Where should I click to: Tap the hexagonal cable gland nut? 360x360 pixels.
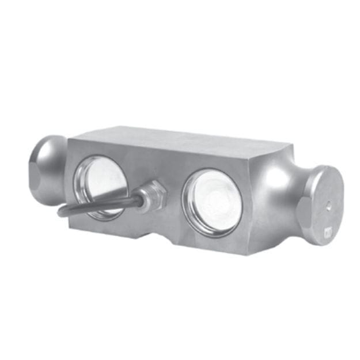point(154,195)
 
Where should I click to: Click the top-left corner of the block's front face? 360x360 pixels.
point(70,138)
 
